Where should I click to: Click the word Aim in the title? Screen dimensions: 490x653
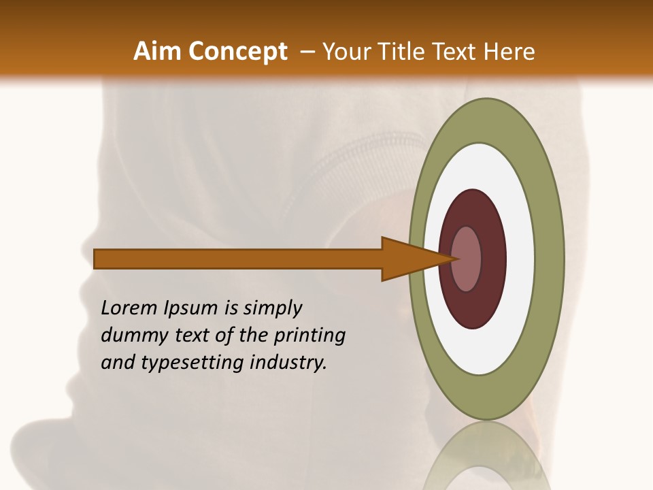click(158, 52)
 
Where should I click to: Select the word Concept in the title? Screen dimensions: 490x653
click(238, 52)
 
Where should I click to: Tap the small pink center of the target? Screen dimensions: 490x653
click(466, 259)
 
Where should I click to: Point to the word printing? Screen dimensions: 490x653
click(309, 336)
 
